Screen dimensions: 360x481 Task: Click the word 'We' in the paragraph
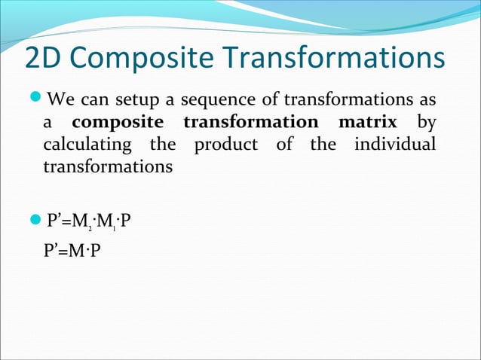(60, 99)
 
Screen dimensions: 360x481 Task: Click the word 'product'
(226, 144)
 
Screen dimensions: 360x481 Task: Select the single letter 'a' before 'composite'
(47, 123)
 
